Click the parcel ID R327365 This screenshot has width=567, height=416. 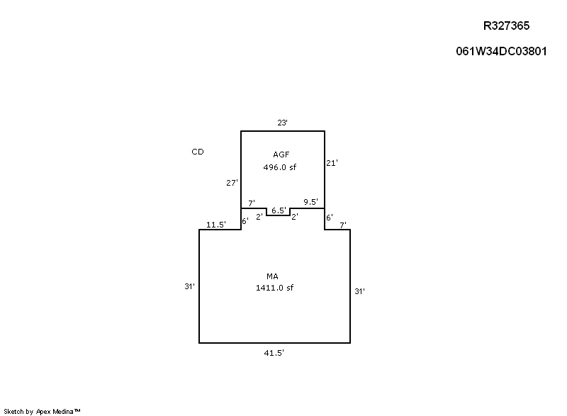tap(506, 26)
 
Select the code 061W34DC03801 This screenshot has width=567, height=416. tap(501, 51)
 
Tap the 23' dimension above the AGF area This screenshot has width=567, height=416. tap(282, 123)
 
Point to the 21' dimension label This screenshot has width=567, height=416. tap(332, 163)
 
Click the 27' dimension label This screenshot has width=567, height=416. tap(232, 183)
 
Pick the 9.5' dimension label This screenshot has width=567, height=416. tap(311, 202)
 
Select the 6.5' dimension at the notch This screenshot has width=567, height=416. tap(279, 210)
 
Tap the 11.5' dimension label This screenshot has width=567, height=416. tap(216, 225)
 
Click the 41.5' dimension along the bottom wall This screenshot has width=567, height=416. tap(274, 353)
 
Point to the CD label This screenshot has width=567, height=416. tap(198, 152)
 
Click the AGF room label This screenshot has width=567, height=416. tap(281, 154)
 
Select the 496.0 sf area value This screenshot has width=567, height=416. tap(280, 167)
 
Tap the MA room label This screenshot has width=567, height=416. tap(272, 276)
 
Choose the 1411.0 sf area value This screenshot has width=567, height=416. tap(275, 288)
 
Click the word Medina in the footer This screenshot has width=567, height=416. tap(63, 411)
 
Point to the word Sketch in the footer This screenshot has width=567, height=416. tap(13, 411)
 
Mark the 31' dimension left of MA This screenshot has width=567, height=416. tap(189, 286)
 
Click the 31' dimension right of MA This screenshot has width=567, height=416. tap(360, 291)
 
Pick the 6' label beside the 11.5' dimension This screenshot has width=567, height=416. tap(245, 221)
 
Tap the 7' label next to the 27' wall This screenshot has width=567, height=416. tap(252, 203)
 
